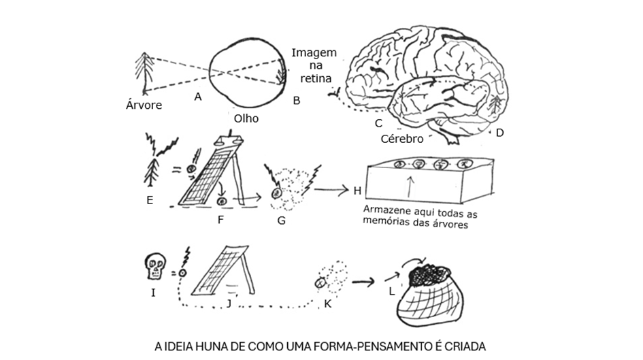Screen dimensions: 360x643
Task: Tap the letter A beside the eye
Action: coord(197,97)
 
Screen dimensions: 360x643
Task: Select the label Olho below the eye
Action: coord(246,118)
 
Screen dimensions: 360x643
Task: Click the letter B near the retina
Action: coord(296,101)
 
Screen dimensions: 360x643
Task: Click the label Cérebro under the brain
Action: coord(401,138)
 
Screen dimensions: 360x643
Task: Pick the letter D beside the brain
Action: coord(499,133)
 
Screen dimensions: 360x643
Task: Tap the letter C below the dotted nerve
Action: coord(378,123)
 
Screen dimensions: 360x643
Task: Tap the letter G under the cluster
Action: coord(282,220)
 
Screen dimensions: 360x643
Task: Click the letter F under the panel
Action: coord(220,219)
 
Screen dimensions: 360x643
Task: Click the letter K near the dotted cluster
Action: coord(327,303)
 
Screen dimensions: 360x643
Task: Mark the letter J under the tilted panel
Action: coord(229,303)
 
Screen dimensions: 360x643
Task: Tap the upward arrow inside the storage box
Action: coord(408,186)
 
